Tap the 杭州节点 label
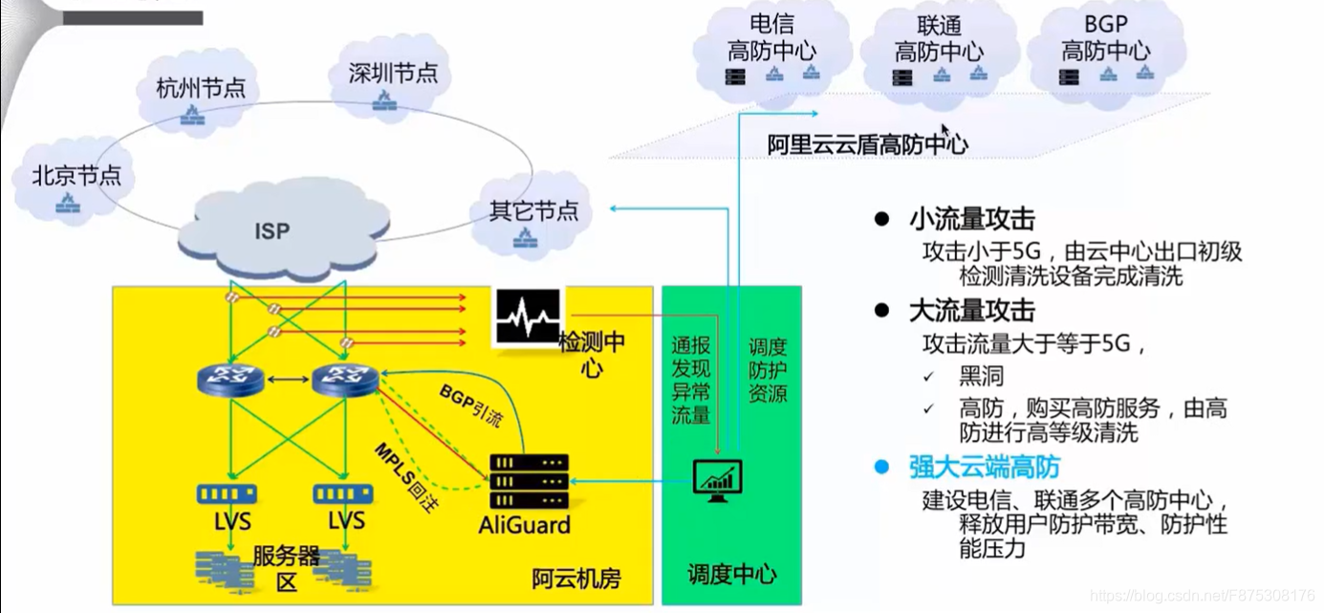pos(201,89)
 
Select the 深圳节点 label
pos(393,74)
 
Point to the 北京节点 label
pos(76,176)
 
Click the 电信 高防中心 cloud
pos(772,50)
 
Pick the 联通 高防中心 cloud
pos(938,51)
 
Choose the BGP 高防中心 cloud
pos(1105,50)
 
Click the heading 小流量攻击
pos(971,220)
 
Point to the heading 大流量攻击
pos(971,311)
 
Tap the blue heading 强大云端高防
pos(984,468)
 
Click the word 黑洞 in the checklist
pos(981,375)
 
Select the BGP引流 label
pos(469,405)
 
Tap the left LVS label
pos(232,521)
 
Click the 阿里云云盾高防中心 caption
pos(868,145)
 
